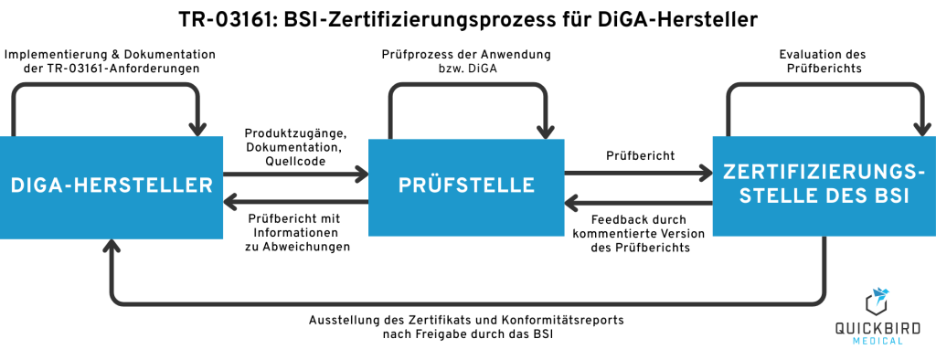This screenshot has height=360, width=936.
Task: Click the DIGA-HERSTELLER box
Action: coord(112,185)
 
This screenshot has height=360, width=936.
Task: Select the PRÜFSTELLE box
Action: coord(466,185)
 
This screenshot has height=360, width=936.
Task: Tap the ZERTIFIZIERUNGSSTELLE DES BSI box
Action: coord(824,185)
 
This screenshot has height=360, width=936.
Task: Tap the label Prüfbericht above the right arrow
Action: coord(640,155)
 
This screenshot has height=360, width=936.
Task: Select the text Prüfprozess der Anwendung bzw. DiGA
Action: coord(466,61)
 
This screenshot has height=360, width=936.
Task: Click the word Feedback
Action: coord(624,219)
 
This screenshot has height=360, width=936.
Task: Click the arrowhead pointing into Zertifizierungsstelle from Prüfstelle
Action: coord(707,171)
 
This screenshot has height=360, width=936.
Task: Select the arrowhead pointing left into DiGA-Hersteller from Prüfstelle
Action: coord(230,201)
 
